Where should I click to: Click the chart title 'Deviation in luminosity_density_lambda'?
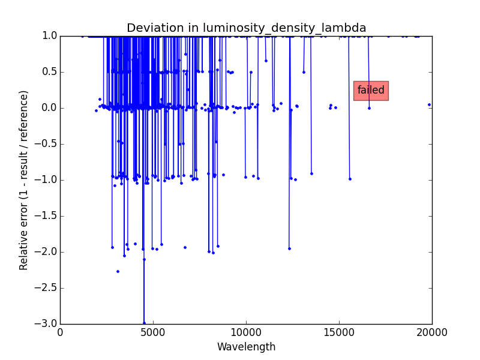click(246, 28)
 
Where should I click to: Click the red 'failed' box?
click(371, 91)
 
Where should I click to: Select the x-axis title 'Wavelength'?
click(246, 347)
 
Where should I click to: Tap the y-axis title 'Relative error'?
click(24, 180)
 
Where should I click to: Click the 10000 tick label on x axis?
click(246, 332)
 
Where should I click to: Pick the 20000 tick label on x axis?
click(432, 332)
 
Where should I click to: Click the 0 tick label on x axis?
click(60, 332)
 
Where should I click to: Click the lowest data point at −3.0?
click(144, 323)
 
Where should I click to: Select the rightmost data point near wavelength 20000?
click(429, 104)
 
